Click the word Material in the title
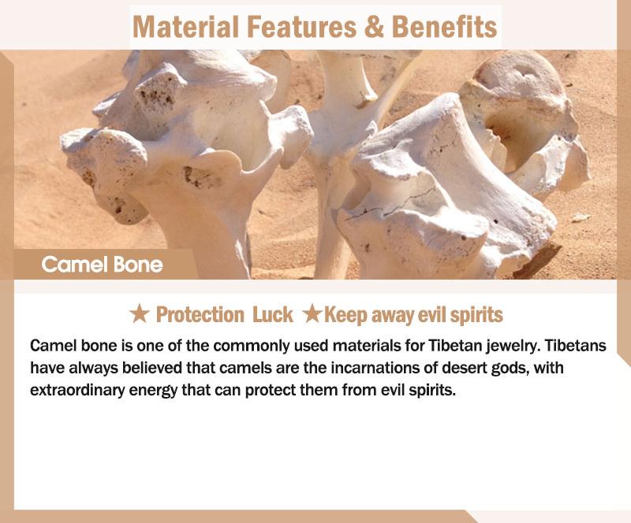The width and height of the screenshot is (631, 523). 186,27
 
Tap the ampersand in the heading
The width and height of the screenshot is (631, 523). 374,27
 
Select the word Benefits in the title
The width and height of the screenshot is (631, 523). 444,27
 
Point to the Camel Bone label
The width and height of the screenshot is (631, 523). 102,265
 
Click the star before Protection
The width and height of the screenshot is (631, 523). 140,313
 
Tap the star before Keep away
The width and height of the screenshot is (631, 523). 312,313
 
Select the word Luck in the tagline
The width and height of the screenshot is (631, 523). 272,314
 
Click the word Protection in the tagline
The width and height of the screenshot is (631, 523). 200,314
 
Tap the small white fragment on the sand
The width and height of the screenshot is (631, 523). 581,217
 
